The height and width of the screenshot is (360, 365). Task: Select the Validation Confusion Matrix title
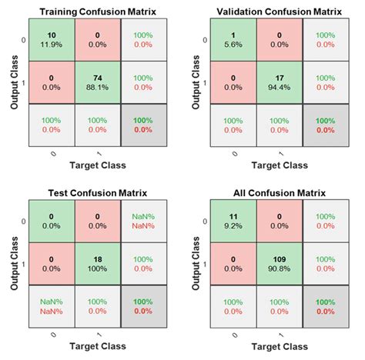[280, 10]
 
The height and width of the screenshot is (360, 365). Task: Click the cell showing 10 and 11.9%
[51, 41]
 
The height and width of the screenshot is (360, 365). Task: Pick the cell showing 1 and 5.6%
[234, 41]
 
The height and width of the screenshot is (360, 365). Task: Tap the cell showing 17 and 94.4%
[280, 82]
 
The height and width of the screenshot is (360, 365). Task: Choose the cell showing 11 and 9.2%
[234, 222]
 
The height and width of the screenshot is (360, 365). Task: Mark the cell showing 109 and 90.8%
[280, 263]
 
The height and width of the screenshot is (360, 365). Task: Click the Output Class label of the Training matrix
[13, 82]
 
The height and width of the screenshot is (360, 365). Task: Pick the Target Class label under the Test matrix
[96, 347]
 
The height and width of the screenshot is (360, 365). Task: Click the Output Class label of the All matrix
[196, 263]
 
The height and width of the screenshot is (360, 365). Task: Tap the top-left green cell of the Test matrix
[51, 222]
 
